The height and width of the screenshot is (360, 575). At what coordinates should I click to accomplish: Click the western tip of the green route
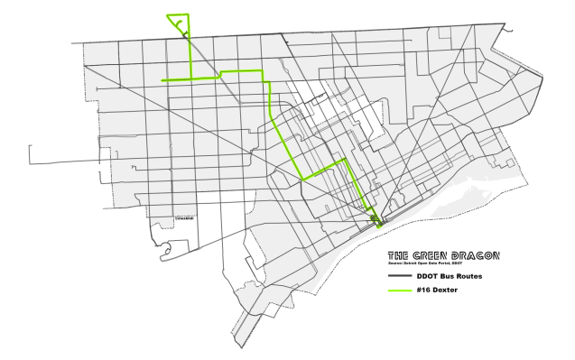click(162, 81)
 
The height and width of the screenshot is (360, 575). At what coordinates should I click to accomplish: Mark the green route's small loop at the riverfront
click(374, 218)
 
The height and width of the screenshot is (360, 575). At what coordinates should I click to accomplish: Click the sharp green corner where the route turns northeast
click(303, 180)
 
